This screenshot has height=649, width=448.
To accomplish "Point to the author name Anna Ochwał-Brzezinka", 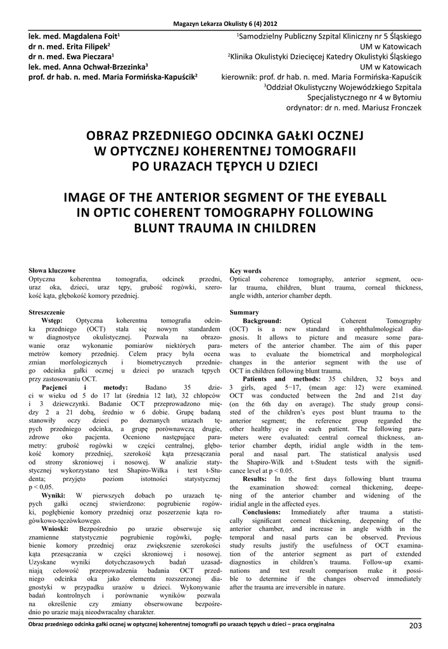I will point(105,66).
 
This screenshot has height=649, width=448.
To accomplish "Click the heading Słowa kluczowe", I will point(52,271).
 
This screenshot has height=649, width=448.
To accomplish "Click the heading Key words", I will point(245,271).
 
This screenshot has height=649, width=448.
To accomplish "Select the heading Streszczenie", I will point(46,312).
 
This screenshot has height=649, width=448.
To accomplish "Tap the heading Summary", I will point(244,312).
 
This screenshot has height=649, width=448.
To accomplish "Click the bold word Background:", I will point(262,321).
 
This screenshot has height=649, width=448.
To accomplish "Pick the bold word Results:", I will point(255,479).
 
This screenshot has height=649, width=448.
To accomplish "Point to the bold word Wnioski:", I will point(58,527).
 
